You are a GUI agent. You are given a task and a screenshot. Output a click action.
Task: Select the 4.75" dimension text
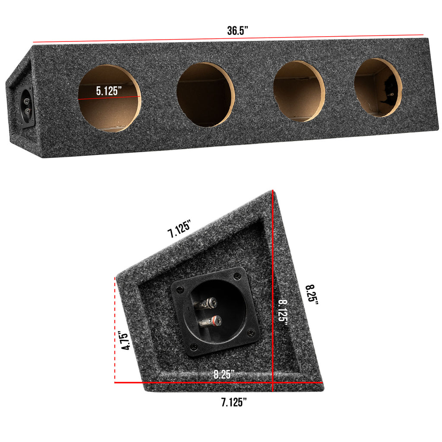pos(125,341)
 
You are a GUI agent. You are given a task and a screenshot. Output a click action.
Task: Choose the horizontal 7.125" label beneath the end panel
pos(234,403)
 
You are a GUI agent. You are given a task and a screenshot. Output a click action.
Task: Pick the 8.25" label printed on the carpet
pos(224,374)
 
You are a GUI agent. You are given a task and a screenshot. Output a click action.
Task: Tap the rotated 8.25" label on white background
pos(311,295)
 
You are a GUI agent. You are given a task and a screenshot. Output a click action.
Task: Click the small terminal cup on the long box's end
pos(27,106)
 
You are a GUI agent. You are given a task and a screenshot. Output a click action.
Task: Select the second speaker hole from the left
pos(205,95)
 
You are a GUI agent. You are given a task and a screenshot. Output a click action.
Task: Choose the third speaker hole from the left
pos(299,91)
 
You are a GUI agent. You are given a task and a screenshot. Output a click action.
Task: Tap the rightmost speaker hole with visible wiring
pos(378,88)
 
